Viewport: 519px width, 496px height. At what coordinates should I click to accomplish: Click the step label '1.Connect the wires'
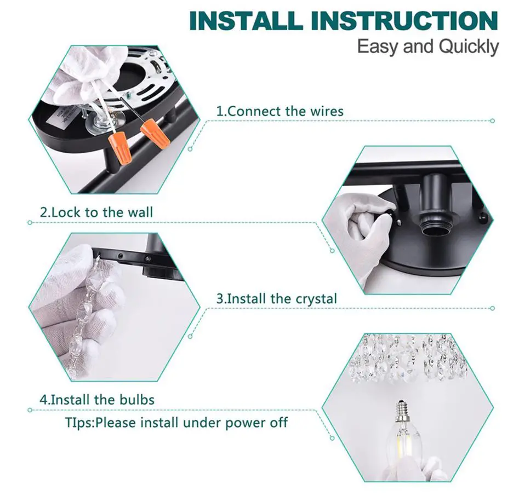pyautogui.click(x=280, y=111)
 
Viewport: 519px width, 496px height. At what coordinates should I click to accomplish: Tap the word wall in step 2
pyautogui.click(x=139, y=212)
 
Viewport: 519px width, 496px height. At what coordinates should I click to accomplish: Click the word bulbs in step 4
pyautogui.click(x=136, y=400)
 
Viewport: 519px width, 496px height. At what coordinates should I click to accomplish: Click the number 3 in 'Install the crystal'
pyautogui.click(x=220, y=299)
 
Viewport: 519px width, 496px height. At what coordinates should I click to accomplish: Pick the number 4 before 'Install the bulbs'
pyautogui.click(x=43, y=400)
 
